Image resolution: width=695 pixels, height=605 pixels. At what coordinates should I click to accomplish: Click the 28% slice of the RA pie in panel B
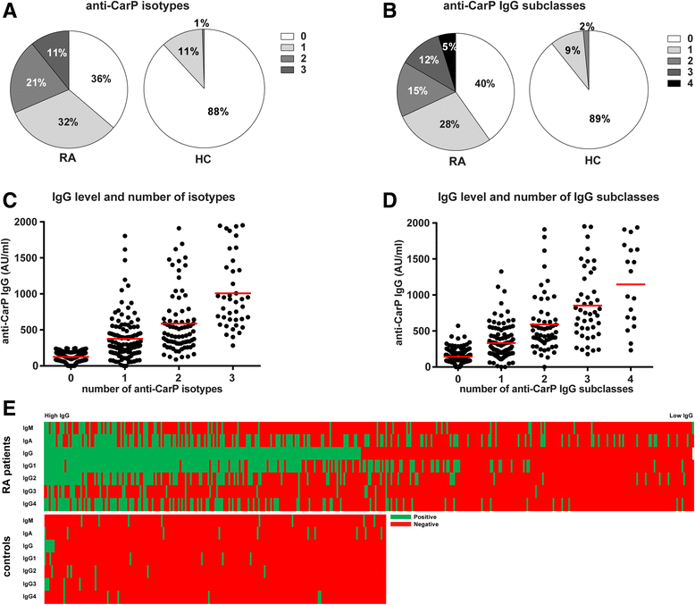(x=445, y=122)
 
